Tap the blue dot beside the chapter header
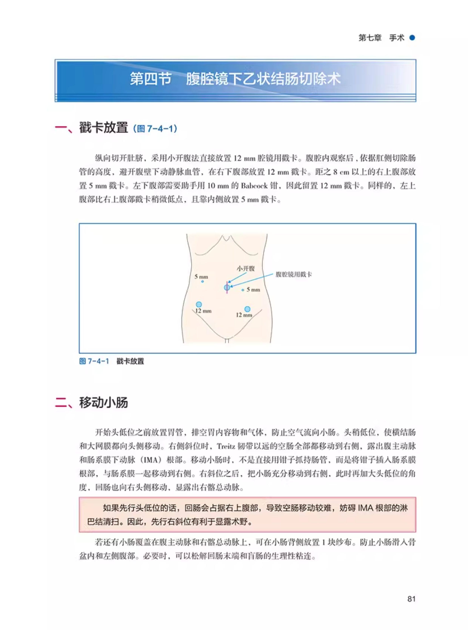point(412,38)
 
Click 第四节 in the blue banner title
point(150,79)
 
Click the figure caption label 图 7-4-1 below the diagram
point(94,361)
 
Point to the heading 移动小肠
point(103,402)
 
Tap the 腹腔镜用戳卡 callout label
point(293,274)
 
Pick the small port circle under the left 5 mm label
point(202,281)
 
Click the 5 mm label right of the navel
point(253,290)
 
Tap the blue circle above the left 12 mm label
point(199,304)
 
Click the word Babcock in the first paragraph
point(254,186)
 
